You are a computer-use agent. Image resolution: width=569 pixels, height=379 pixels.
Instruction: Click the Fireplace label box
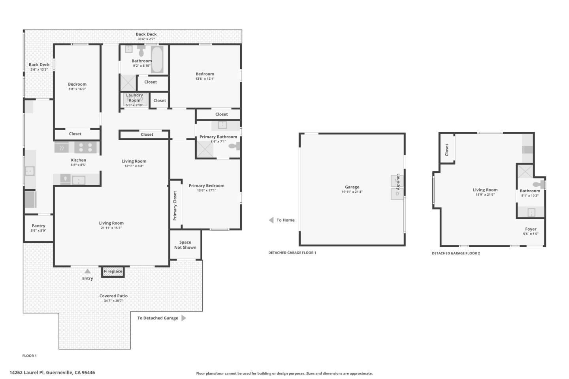coord(113,271)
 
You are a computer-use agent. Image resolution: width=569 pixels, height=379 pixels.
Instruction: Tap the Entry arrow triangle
coord(87,271)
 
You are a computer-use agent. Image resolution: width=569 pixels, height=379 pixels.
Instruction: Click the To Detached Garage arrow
coord(184,318)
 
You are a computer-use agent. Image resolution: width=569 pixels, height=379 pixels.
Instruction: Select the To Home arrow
coord(271,220)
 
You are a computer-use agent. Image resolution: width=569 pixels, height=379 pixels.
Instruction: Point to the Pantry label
coord(38,226)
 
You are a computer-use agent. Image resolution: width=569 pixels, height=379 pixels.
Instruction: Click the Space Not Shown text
coord(185,245)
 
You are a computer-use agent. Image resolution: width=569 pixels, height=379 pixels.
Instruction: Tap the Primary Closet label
coord(175,206)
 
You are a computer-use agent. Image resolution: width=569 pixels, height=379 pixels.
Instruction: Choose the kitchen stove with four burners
coord(85,147)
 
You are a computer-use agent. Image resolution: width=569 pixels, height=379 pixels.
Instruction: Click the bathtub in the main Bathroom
coord(157,59)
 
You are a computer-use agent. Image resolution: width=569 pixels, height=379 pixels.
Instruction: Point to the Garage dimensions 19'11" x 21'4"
coord(352,192)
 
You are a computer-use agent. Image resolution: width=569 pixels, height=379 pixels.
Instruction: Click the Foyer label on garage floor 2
coord(531,229)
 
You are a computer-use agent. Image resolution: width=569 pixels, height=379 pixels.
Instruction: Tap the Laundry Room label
coord(134,98)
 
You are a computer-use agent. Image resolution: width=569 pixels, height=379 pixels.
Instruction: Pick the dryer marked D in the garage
coord(397,194)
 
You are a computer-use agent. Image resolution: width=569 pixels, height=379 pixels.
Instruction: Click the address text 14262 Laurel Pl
coord(27,372)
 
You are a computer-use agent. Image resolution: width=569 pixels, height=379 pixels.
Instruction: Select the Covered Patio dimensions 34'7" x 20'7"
coord(113,301)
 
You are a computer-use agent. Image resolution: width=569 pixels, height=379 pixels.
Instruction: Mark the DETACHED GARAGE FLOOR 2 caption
coord(456,253)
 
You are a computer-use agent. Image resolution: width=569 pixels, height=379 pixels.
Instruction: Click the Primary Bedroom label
coord(206,186)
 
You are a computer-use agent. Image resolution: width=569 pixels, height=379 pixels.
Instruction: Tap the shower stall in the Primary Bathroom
coord(205,149)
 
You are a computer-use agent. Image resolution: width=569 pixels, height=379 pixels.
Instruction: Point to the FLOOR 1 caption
coord(30,356)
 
